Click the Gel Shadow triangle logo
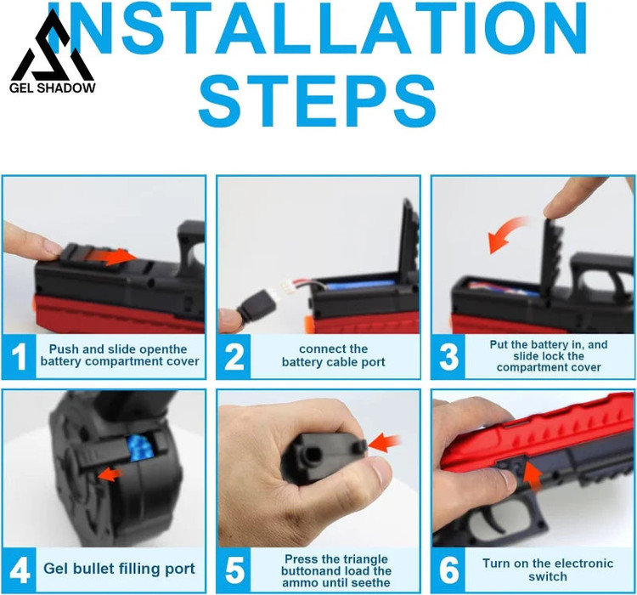pyautogui.click(x=53, y=47)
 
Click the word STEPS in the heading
pyautogui.click(x=318, y=101)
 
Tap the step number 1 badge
pyautogui.click(x=19, y=357)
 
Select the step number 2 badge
pyautogui.click(x=234, y=357)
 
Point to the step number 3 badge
pyautogui.click(x=448, y=357)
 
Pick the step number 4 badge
pyautogui.click(x=19, y=569)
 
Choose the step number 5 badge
pyautogui.click(x=234, y=569)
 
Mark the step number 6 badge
pyautogui.click(x=448, y=569)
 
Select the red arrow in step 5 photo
pyautogui.click(x=384, y=444)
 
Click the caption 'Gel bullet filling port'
pyautogui.click(x=119, y=569)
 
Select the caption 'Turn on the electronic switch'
pyautogui.click(x=548, y=569)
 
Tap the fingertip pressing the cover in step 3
pyautogui.click(x=557, y=209)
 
